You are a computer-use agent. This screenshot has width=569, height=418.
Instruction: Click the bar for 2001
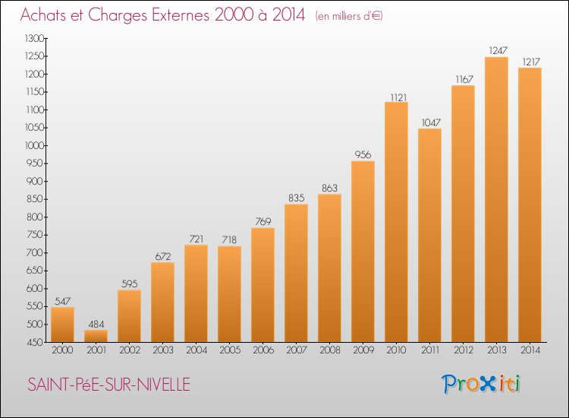pyautogui.click(x=96, y=336)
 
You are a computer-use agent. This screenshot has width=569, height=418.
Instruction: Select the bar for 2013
pyautogui.click(x=496, y=200)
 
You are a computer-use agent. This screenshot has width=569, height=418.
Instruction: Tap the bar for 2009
pyautogui.click(x=363, y=252)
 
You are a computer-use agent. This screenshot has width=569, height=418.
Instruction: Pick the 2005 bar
pyautogui.click(x=229, y=294)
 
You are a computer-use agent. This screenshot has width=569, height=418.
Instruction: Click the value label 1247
pyautogui.click(x=498, y=50)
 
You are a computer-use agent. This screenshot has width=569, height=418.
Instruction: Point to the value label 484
pyautogui.click(x=96, y=324)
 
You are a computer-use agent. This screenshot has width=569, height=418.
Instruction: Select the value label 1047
pyautogui.click(x=431, y=122)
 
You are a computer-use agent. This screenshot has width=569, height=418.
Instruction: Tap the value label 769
pyautogui.click(x=263, y=221)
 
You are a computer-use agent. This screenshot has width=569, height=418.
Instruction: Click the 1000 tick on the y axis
pyautogui.click(x=34, y=145)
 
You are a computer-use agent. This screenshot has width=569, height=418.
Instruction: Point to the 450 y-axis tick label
pyautogui.click(x=35, y=343)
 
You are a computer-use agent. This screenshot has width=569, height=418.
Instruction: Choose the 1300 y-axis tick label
pyautogui.click(x=34, y=38)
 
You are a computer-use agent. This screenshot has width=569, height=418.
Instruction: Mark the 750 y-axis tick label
pyautogui.click(x=35, y=235)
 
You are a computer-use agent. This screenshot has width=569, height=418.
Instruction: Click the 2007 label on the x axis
pyautogui.click(x=297, y=350)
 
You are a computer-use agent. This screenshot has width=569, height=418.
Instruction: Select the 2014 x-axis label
pyautogui.click(x=530, y=350)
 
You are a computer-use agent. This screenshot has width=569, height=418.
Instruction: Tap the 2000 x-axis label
pyautogui.click(x=62, y=350)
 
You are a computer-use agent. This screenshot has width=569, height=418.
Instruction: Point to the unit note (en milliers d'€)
pyautogui.click(x=349, y=16)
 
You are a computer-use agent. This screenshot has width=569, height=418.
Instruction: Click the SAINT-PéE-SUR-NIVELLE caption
pyautogui.click(x=108, y=385)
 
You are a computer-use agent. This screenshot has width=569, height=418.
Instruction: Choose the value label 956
pyautogui.click(x=363, y=154)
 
